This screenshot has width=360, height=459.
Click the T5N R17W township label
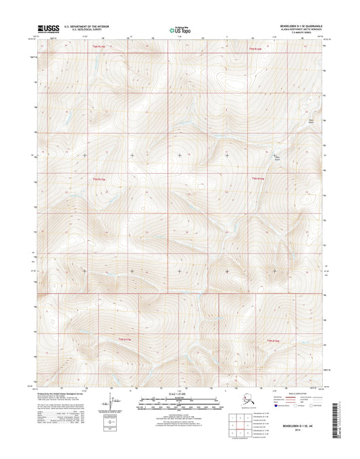tap(99, 47)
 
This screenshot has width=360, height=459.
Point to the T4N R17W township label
tap(99, 178)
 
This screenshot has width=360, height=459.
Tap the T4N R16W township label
tap(258, 178)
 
